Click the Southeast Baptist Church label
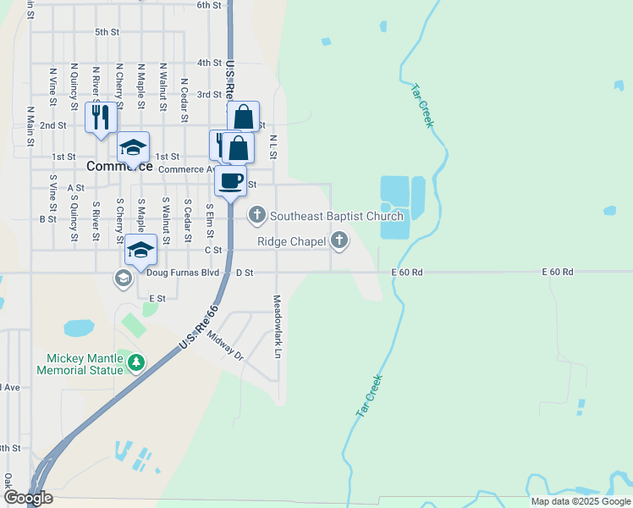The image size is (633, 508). [x=336, y=217]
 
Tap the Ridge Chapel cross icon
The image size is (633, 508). [x=339, y=241]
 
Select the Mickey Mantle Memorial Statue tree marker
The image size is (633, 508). [x=135, y=362]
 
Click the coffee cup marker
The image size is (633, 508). [x=231, y=180]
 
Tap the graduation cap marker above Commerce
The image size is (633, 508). [x=133, y=147]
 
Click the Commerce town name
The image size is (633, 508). [x=119, y=167]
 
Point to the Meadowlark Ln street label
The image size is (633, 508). [x=277, y=326]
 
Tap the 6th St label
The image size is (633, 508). [x=208, y=5]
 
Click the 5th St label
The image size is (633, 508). [x=107, y=32]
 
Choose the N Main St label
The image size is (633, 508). [x=30, y=126]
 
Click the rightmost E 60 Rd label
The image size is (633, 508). [x=558, y=272]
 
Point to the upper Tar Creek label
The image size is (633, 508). [x=421, y=105]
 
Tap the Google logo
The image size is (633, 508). [x=27, y=498]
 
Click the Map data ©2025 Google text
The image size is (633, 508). [x=581, y=502]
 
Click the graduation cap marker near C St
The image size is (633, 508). [x=141, y=250]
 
